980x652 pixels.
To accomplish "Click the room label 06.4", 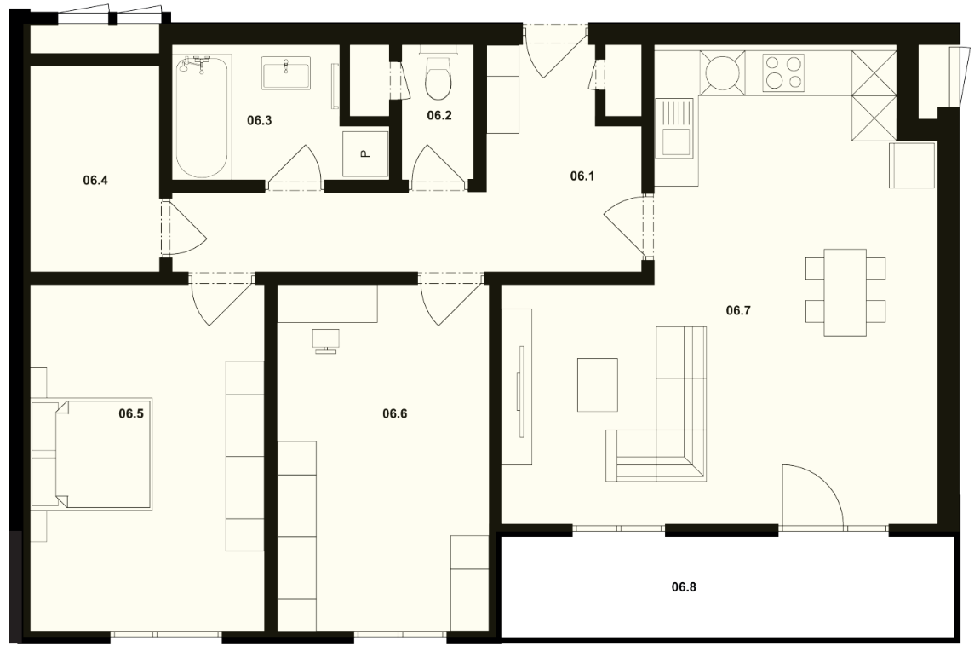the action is coord(95,181).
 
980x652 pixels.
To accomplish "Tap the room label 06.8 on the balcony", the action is coord(684,587).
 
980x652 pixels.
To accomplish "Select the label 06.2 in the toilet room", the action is coord(439,115).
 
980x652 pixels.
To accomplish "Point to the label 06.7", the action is coord(738,310).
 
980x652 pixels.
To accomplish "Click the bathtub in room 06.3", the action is coord(201,117).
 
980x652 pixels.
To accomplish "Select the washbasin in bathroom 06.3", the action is coord(286,73).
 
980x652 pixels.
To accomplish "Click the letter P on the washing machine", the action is coord(365,153).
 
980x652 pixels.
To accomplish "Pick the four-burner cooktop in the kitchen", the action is coord(783,72).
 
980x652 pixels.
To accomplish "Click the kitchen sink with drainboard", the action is coord(674,129).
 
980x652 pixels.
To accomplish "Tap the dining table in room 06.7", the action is coord(845,292).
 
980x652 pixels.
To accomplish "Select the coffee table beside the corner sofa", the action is coord(598,385).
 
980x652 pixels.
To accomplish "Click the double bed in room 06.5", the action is coord(103,453).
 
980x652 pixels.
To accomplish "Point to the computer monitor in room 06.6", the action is coord(325,341).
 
